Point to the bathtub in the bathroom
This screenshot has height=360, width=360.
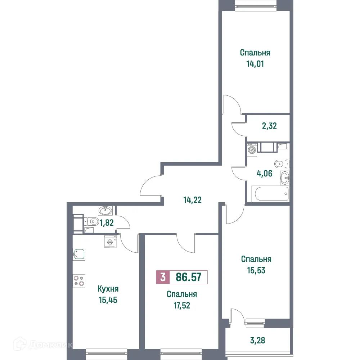(272, 194)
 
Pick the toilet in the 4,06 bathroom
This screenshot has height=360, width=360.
(280, 164)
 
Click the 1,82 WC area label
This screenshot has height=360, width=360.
(107, 222)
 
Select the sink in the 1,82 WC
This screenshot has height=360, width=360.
(105, 210)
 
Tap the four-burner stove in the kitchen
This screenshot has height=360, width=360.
(79, 280)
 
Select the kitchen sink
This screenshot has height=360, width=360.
(79, 254)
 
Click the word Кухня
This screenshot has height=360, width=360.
(108, 289)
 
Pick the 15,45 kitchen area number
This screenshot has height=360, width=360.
(108, 300)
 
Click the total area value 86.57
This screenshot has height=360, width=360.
(188, 277)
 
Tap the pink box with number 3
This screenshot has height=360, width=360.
(163, 277)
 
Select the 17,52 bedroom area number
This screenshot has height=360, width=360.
(181, 306)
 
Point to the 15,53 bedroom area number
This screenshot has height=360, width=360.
(256, 270)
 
